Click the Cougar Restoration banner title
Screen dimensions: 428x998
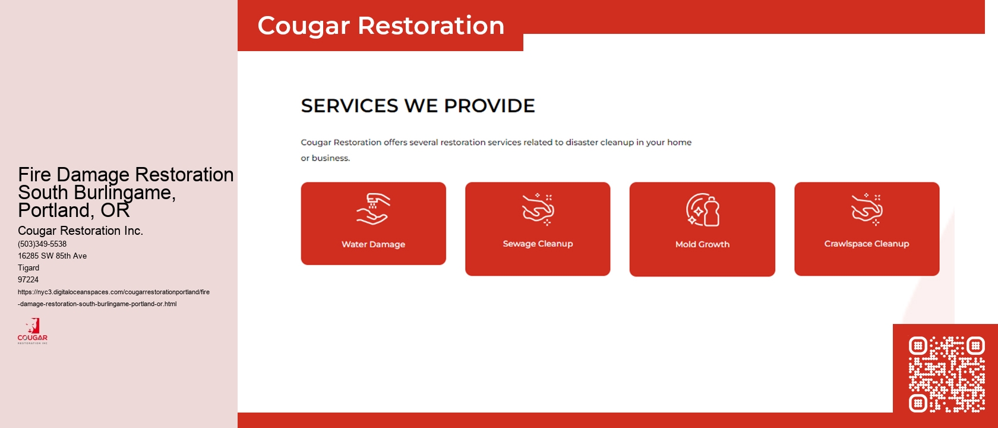(x=381, y=26)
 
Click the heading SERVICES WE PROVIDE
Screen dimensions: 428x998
(x=418, y=106)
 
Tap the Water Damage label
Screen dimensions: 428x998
(x=373, y=244)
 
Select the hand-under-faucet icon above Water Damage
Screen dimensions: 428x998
(x=372, y=209)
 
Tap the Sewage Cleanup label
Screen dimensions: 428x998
(x=538, y=244)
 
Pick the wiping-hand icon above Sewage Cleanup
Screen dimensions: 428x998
(x=538, y=210)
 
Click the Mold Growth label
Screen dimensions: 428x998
(x=702, y=244)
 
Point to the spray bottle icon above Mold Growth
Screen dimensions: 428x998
(x=703, y=210)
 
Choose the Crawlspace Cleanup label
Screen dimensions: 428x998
(x=866, y=244)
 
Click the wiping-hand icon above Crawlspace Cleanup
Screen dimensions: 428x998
(x=867, y=210)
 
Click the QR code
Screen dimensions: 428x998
(x=946, y=374)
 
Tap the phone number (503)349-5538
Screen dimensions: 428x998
(x=42, y=244)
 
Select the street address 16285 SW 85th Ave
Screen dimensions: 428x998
(x=52, y=256)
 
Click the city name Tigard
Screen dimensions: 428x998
(x=29, y=268)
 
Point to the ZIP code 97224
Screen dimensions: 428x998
(x=28, y=280)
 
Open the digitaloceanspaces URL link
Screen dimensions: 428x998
(x=113, y=298)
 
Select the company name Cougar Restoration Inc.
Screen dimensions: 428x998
(x=80, y=231)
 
